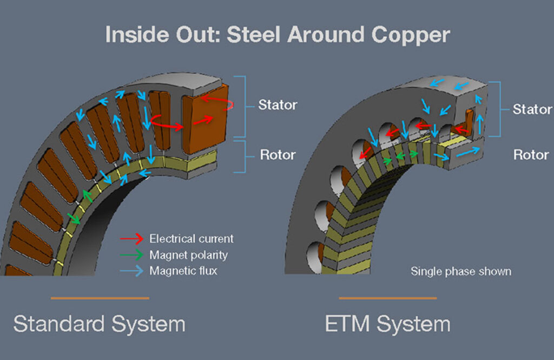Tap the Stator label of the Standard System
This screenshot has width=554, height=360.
[x=278, y=104]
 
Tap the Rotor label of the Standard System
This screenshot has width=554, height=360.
[x=278, y=155]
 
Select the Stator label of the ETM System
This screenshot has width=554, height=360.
[x=532, y=109]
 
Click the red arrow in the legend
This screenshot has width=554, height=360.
[x=131, y=238]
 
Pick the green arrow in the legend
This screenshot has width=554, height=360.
[x=131, y=254]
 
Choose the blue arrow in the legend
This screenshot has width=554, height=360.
[x=131, y=271]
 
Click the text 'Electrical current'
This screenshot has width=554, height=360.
[x=192, y=238]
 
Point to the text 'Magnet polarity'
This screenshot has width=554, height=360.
[x=188, y=254]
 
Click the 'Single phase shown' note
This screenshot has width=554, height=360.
[x=460, y=271]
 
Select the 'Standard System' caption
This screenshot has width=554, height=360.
[x=100, y=324]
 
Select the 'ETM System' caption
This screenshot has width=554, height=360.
[x=387, y=324]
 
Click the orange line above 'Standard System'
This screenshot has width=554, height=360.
[x=100, y=298]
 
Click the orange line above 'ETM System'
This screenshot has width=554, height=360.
[x=387, y=298]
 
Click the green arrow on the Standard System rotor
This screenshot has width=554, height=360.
[x=74, y=218]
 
